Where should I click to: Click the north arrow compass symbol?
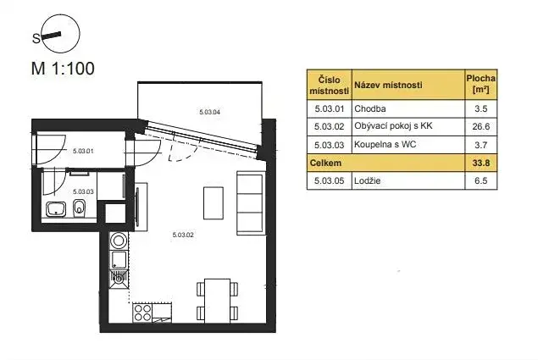pos(56,35)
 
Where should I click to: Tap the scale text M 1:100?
pos(63,69)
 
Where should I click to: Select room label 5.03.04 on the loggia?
pos(209,112)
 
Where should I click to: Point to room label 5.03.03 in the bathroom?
pos(83,191)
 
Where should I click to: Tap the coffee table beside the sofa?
pos(213,202)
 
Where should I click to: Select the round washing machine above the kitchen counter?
pos(118,239)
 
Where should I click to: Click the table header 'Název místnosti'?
pos(388,86)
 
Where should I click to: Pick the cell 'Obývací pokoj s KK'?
pos(393,126)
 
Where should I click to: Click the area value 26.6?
pos(480,126)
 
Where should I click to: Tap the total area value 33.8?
pos(480,162)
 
